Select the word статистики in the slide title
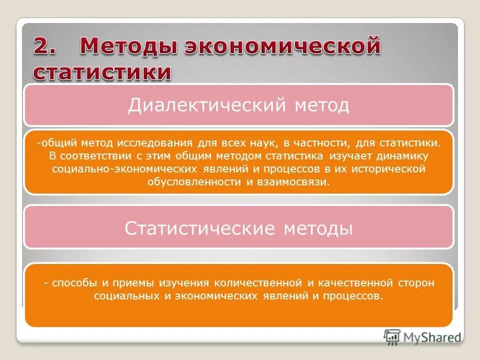point(102,72)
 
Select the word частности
point(317,143)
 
